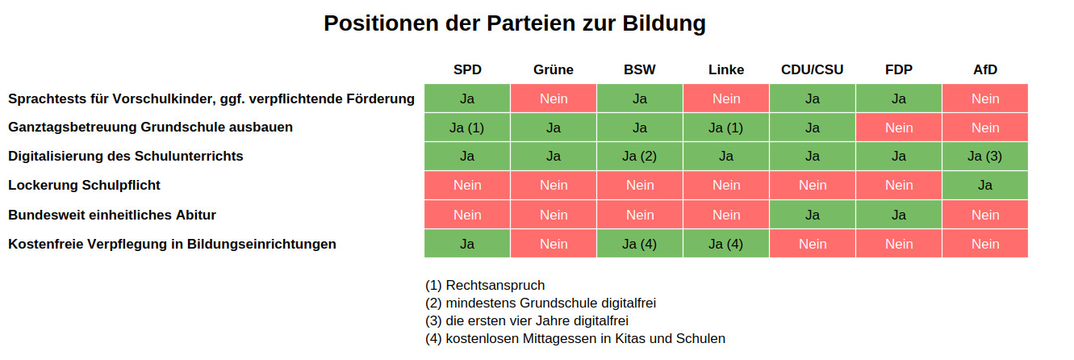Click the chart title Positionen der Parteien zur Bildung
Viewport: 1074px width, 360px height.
click(x=515, y=23)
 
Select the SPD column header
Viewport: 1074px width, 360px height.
click(x=467, y=69)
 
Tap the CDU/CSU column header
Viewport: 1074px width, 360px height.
click(x=813, y=69)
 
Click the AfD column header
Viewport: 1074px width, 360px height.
click(x=985, y=69)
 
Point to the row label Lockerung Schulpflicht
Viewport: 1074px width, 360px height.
click(x=84, y=185)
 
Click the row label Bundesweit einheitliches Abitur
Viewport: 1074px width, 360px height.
click(x=111, y=215)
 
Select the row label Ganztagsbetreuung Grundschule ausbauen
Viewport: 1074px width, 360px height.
click(x=150, y=127)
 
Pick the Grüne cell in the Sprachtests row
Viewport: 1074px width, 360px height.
click(x=554, y=98)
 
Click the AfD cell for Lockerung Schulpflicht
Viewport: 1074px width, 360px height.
click(x=985, y=185)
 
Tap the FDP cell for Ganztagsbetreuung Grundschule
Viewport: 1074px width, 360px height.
click(x=899, y=128)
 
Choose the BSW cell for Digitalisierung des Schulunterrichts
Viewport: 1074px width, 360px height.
click(x=640, y=157)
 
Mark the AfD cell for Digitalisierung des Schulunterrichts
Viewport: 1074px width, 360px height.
click(x=985, y=157)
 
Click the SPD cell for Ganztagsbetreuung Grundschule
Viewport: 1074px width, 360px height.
click(x=467, y=128)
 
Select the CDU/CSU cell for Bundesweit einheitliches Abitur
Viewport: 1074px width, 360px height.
click(x=813, y=215)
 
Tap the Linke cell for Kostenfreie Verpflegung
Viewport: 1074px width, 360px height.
click(x=726, y=244)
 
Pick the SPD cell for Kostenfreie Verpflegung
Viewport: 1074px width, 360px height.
click(x=467, y=244)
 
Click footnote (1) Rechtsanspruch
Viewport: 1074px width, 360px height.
click(x=485, y=285)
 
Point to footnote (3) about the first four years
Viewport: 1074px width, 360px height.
click(x=526, y=320)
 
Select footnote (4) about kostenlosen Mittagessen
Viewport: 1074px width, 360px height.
click(x=575, y=338)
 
